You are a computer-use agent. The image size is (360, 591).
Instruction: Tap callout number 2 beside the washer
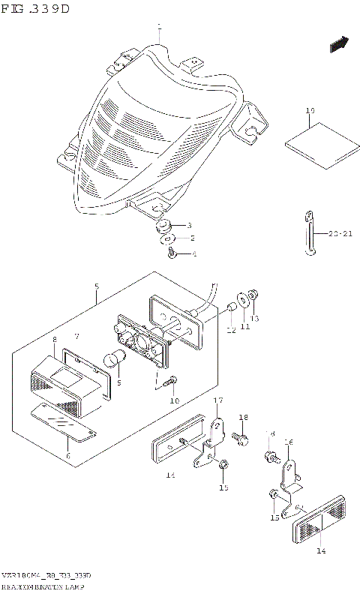point(192,238)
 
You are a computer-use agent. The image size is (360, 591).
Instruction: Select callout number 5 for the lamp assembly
point(97,287)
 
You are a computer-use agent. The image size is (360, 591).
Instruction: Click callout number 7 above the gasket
point(76,337)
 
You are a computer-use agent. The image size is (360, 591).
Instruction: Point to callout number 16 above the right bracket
point(288,442)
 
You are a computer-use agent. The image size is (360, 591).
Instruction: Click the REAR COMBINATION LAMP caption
point(44,583)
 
